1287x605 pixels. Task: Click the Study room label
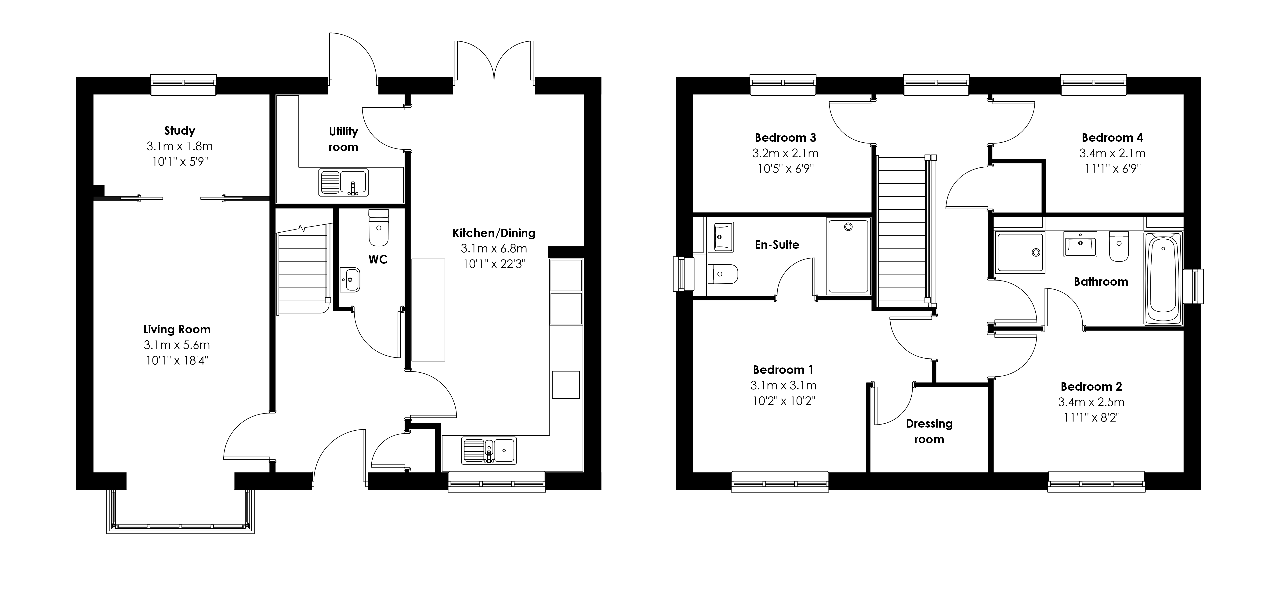(x=179, y=131)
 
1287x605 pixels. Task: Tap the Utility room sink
(x=343, y=182)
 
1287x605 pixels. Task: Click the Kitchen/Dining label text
(x=494, y=233)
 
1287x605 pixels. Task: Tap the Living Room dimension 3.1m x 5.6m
(x=177, y=345)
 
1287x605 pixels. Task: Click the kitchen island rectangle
(x=428, y=310)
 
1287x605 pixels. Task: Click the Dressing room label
(x=929, y=431)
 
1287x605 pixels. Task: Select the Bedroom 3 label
(x=785, y=137)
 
